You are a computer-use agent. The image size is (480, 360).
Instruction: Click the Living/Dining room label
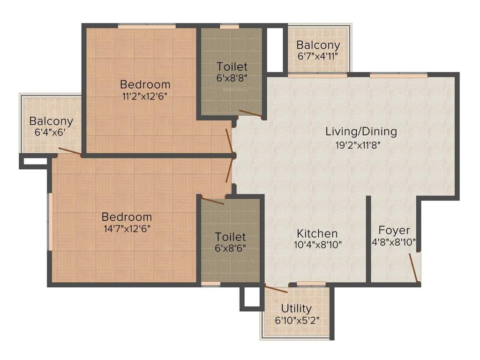pos(361,131)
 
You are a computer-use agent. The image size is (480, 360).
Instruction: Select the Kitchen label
pos(317,233)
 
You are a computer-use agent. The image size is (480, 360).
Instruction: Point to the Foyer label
pos(394,231)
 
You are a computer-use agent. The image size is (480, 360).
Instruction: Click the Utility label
pos(296,308)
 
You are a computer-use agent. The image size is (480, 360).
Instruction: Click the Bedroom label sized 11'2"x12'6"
pos(145,85)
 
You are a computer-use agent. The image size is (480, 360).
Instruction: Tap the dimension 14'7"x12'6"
pos(127,229)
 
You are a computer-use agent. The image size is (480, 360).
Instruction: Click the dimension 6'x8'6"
pos(230,248)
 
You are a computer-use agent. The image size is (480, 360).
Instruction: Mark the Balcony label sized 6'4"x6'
pos(51,121)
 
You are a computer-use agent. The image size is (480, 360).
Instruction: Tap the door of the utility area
pos(276,288)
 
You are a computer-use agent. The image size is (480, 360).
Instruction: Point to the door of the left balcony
pos(69,151)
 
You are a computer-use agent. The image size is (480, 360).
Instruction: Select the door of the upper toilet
pos(250,113)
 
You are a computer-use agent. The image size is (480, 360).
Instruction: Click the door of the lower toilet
pos(212,201)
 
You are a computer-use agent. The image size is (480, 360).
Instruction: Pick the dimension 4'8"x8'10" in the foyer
pos(394,243)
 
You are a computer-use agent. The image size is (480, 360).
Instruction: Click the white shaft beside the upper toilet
pos(275,49)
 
